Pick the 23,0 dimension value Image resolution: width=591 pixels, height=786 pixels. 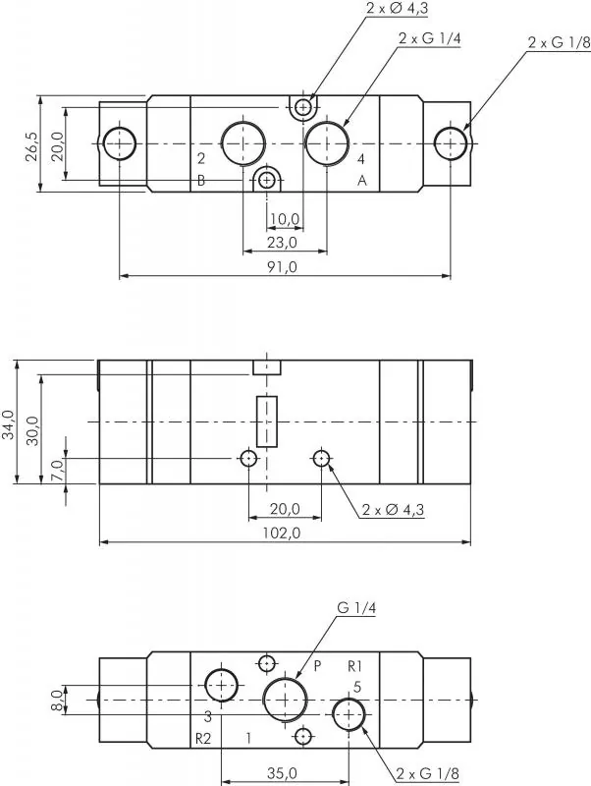point(281,242)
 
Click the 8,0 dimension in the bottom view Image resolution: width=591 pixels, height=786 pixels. point(57,700)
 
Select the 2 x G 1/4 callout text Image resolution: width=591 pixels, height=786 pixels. point(429,38)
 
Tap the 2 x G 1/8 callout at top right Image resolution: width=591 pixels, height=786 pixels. point(559,42)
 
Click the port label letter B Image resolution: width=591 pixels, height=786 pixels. point(200,180)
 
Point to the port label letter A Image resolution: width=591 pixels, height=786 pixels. point(361,180)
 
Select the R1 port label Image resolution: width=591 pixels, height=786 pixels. point(355,666)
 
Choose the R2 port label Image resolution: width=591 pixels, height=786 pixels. point(202,737)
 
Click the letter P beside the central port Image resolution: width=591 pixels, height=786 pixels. point(317,665)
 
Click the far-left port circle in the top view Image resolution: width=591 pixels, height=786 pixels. point(121,143)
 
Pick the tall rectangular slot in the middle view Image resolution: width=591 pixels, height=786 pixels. point(266,421)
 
